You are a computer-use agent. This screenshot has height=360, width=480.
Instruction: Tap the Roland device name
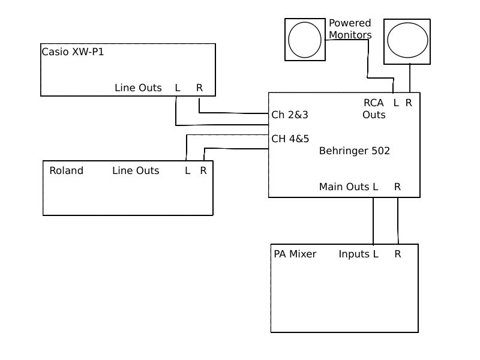[x=66, y=170]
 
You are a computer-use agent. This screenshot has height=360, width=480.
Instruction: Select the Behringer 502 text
[x=355, y=151]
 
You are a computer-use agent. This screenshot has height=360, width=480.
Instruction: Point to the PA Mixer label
[x=295, y=254]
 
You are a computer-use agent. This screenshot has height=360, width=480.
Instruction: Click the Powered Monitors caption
[x=350, y=29]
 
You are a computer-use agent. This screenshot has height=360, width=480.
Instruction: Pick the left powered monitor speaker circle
[x=305, y=40]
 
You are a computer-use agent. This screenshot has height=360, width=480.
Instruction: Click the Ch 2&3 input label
[x=290, y=115]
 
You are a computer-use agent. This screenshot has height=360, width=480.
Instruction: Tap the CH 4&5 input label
[x=290, y=139]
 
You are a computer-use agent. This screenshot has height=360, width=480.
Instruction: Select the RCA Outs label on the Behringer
[x=374, y=109]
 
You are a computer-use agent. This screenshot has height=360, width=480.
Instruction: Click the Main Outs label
[x=344, y=187]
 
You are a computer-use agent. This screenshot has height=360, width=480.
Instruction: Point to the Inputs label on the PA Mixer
[x=354, y=254]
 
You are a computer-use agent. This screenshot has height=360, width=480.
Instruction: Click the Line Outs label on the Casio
[x=138, y=88]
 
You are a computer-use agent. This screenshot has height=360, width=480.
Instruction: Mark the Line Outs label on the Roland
[x=136, y=170]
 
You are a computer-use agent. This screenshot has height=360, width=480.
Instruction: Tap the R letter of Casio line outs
[x=199, y=88]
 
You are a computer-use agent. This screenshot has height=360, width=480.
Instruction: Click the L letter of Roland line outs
[x=187, y=170]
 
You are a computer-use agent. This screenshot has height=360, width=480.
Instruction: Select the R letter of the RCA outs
[x=409, y=103]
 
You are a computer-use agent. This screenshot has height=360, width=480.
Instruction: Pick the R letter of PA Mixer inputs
[x=397, y=254]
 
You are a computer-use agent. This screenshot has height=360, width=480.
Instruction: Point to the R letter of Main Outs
[x=397, y=187]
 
